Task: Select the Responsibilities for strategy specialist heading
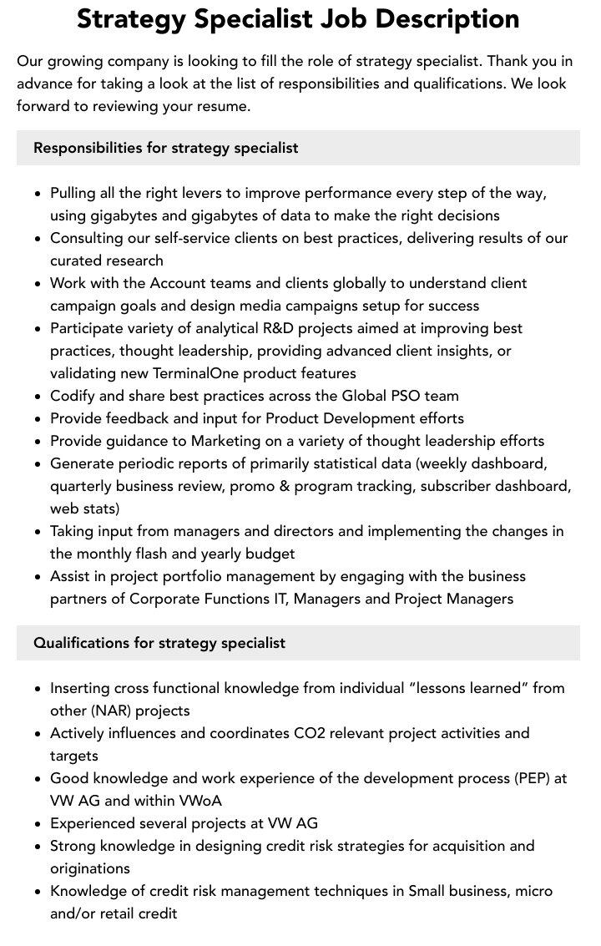[x=165, y=148]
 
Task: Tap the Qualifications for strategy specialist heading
[x=159, y=643]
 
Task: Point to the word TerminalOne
[x=204, y=373]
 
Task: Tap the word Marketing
[x=225, y=441]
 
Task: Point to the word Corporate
[x=163, y=599]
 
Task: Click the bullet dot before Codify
[x=38, y=397]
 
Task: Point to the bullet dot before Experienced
[x=38, y=824]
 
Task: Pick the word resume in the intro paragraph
[x=223, y=106]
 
